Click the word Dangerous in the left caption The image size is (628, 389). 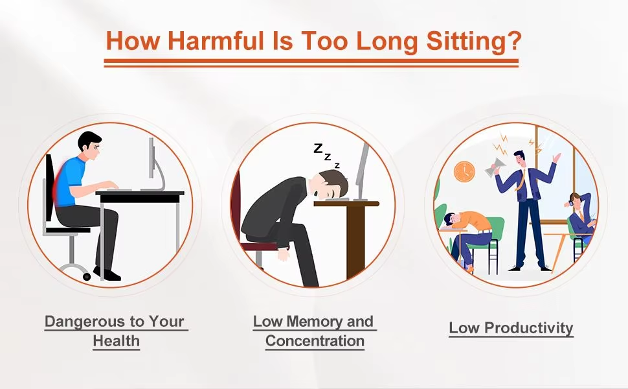(85, 322)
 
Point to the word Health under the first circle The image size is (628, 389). (116, 341)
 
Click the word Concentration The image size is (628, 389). (315, 341)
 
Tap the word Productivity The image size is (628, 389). (529, 328)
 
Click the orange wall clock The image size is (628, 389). (465, 172)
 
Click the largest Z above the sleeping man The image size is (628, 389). (318, 148)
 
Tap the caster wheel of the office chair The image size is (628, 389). (87, 276)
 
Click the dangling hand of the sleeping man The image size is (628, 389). (284, 254)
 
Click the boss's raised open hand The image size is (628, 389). (556, 157)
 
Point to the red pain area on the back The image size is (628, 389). (60, 182)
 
